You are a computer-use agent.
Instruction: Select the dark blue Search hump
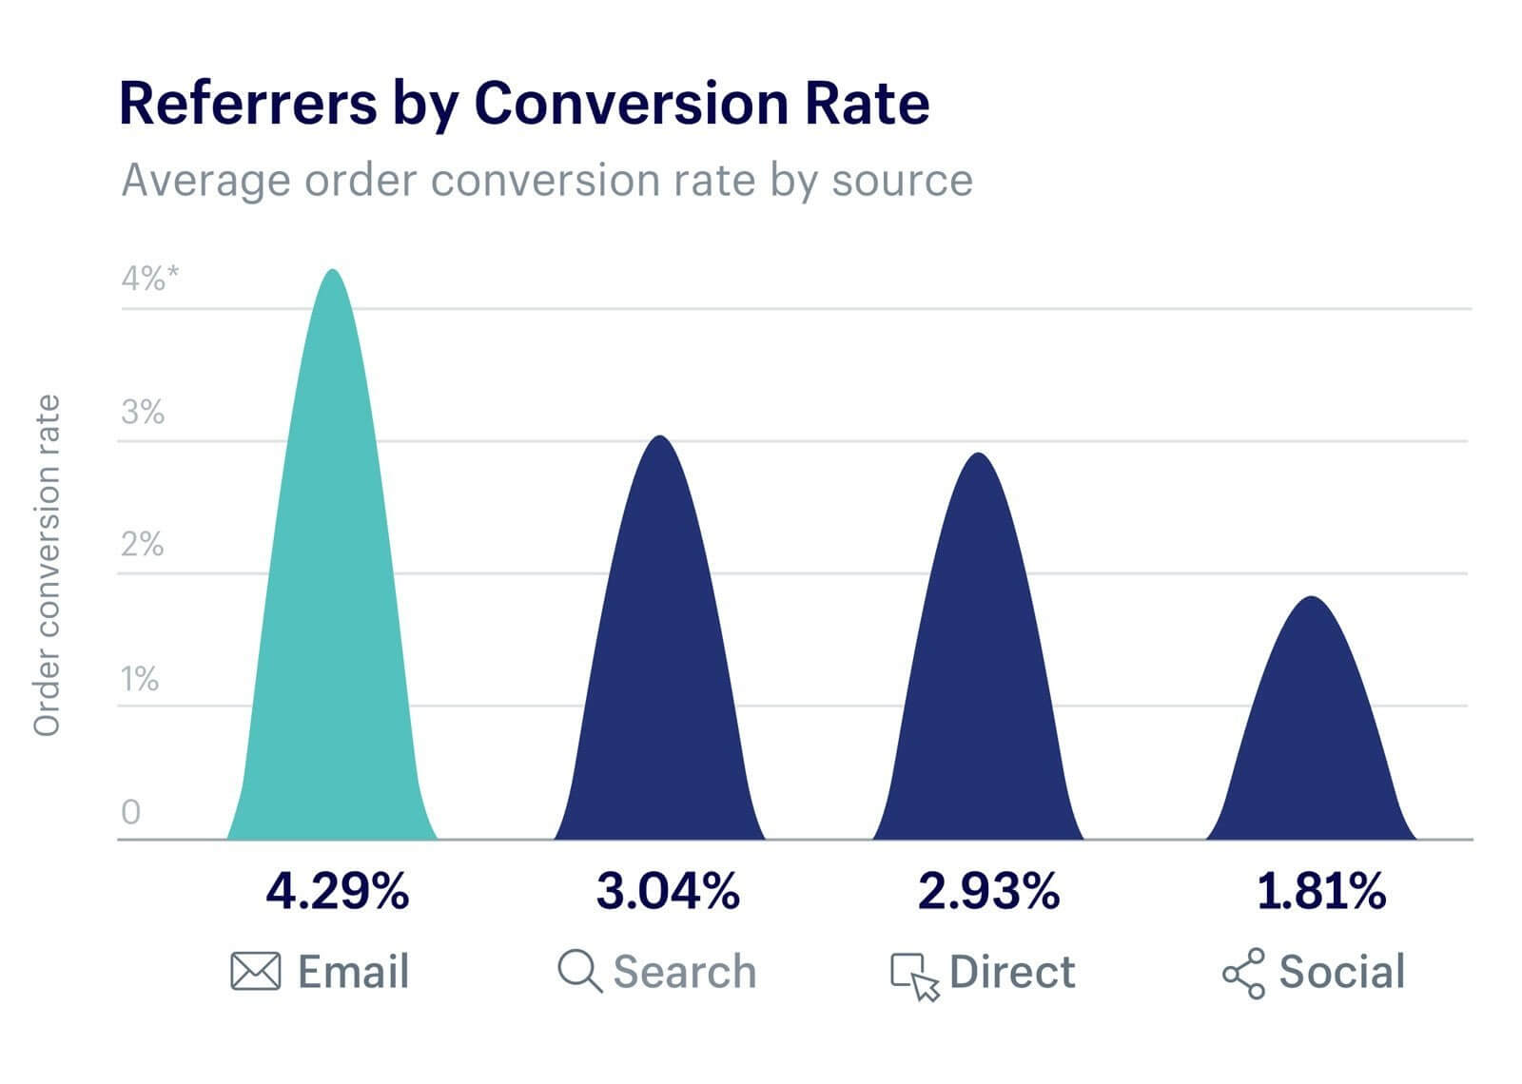click(x=660, y=666)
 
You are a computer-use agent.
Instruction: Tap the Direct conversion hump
click(x=979, y=675)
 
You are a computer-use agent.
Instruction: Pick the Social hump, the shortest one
click(x=1312, y=742)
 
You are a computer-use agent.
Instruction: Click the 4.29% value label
click(x=337, y=892)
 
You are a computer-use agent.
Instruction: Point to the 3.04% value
click(x=668, y=892)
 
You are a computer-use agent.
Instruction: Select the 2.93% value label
click(x=988, y=892)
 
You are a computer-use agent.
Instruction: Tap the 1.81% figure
click(x=1321, y=892)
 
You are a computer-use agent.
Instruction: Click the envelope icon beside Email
click(x=255, y=972)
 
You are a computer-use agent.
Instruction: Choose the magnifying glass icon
click(x=578, y=972)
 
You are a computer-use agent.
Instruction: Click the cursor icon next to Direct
click(x=914, y=976)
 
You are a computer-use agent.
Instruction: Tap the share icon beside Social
click(x=1243, y=973)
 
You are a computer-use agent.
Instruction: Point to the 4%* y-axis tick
click(x=149, y=279)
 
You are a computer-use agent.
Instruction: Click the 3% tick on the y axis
click(x=143, y=413)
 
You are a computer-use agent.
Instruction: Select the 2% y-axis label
click(x=143, y=546)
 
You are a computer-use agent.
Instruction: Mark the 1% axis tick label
click(x=140, y=680)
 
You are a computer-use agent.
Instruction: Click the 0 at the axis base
click(x=131, y=812)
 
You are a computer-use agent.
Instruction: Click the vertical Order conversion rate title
click(x=47, y=565)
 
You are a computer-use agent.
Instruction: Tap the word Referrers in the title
click(x=247, y=104)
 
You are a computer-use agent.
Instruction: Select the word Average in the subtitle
click(x=205, y=180)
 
